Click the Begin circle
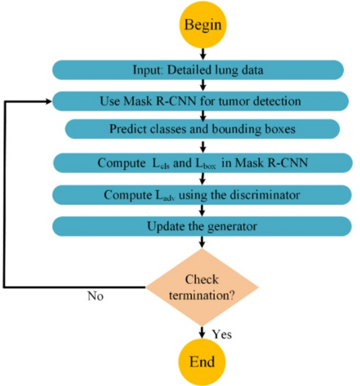pyautogui.click(x=202, y=24)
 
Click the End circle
pyautogui.click(x=202, y=362)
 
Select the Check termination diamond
pyautogui.click(x=202, y=287)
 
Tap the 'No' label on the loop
pyautogui.click(x=95, y=297)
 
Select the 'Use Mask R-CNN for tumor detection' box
pyautogui.click(x=200, y=101)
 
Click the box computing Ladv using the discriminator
pyautogui.click(x=202, y=195)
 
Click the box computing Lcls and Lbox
pyautogui.click(x=202, y=162)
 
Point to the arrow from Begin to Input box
pyautogui.click(x=202, y=53)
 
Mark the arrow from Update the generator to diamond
pyautogui.click(x=202, y=241)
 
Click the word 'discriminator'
pyautogui.click(x=269, y=195)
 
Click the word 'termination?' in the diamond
pyautogui.click(x=202, y=296)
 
